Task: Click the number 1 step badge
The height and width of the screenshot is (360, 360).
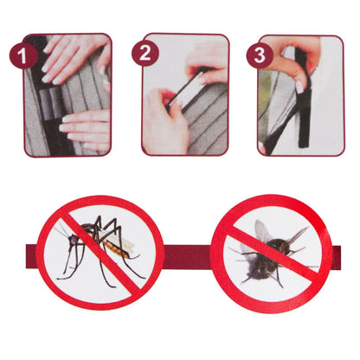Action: pos(23,55)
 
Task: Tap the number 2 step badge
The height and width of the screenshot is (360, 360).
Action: pos(145,53)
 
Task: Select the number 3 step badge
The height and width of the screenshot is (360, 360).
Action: pos(260,55)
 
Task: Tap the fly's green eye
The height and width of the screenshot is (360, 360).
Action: pos(273,244)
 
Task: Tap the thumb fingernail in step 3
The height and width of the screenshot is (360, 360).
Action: pos(300,87)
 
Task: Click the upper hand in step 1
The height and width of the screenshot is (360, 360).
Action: pos(75,58)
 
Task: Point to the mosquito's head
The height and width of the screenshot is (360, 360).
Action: pos(73,239)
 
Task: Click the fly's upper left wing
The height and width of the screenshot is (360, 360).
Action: pos(262,231)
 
